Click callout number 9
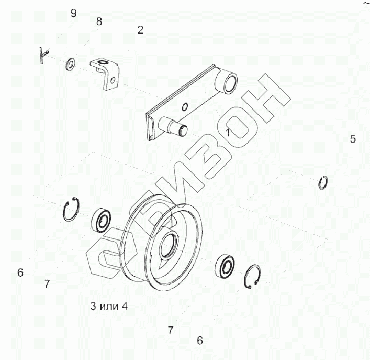74,13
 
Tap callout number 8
99,21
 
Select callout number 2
140,30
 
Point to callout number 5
353,139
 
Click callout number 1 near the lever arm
228,132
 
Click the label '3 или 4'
109,306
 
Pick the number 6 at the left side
20,272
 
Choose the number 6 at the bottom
200,341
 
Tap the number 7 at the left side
47,283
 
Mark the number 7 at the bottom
171,330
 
